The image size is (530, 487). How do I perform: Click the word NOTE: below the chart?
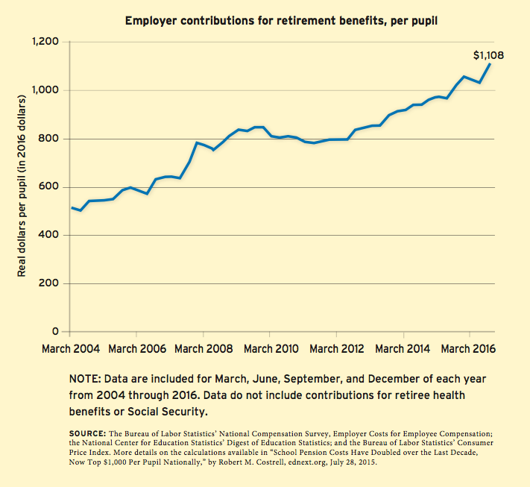84,378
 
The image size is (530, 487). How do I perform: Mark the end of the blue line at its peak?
490,64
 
